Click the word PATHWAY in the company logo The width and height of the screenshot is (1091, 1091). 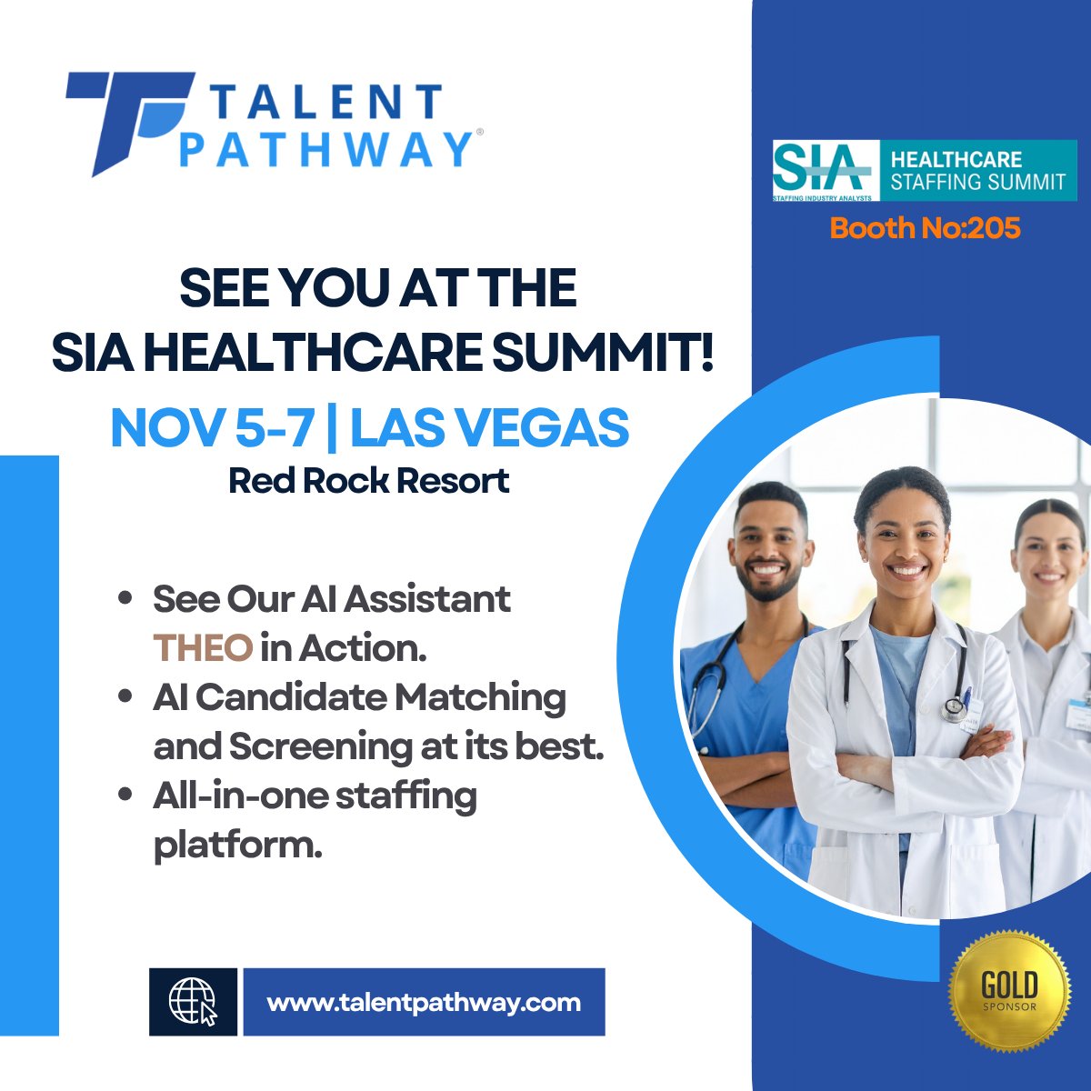[x=325, y=149]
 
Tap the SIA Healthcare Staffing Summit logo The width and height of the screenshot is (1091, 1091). [x=924, y=170]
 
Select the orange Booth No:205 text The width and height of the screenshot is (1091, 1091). [x=925, y=227]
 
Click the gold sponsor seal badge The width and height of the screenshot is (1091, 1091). [x=1009, y=991]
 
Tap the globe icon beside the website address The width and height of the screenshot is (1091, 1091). [x=193, y=1002]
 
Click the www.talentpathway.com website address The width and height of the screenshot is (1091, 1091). [x=424, y=1002]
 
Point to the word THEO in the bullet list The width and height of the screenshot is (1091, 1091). [x=202, y=648]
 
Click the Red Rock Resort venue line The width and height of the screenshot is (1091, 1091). [x=368, y=480]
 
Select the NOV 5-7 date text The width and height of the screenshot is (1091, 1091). [x=212, y=427]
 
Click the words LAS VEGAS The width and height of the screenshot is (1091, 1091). [x=489, y=427]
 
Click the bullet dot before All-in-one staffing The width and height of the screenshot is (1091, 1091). [x=126, y=796]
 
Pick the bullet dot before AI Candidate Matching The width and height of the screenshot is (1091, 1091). [x=126, y=697]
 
